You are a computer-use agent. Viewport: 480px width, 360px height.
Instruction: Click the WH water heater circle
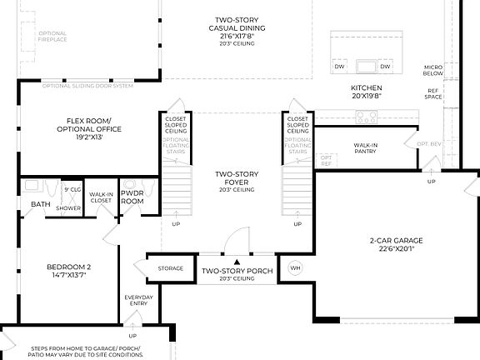pyautogui.click(x=295, y=268)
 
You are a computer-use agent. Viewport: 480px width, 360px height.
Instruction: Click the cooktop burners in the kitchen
pyautogui.click(x=367, y=117)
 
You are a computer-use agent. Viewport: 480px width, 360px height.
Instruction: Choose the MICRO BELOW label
pyautogui.click(x=432, y=69)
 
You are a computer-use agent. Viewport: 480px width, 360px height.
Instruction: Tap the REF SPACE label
pyautogui.click(x=433, y=94)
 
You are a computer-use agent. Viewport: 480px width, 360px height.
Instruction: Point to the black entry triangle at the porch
pyautogui.click(x=236, y=262)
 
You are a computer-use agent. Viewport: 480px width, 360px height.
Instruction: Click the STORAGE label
pyautogui.click(x=170, y=268)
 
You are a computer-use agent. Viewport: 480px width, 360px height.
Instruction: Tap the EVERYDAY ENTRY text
pyautogui.click(x=138, y=301)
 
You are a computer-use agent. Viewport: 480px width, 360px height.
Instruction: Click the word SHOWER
pyautogui.click(x=68, y=208)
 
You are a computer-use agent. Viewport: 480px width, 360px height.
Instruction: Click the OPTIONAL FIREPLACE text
pyautogui.click(x=52, y=37)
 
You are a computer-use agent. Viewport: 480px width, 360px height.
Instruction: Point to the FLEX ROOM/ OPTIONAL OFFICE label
pyautogui.click(x=88, y=129)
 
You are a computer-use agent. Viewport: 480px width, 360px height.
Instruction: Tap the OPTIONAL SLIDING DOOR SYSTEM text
pyautogui.click(x=87, y=85)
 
